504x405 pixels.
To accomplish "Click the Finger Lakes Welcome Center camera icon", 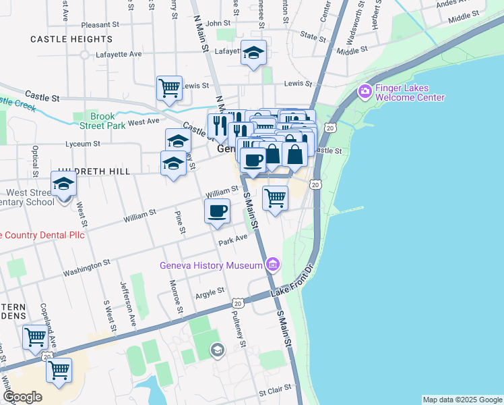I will pos(365,90).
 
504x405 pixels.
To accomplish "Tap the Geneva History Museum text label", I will pos(210,265).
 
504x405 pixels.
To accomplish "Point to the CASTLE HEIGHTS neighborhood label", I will pos(71,39).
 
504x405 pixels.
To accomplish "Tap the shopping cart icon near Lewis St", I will pos(169,87).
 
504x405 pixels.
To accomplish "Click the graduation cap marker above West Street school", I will pos(63,184).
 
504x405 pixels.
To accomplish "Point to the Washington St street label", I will pos(86,269).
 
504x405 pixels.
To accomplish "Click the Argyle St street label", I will pos(210,292).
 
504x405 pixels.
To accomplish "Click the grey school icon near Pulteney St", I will pos(217,349).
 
